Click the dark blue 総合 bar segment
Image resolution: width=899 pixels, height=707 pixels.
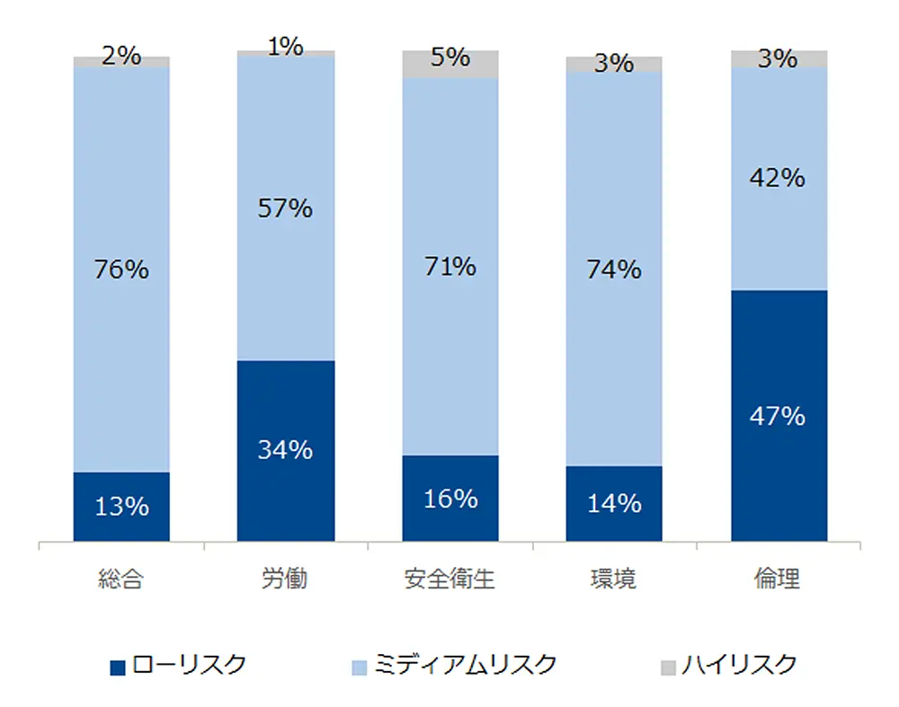pos(121,506)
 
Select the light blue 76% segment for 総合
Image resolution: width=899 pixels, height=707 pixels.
pos(121,270)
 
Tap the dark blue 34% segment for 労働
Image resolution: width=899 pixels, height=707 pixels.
pos(286,450)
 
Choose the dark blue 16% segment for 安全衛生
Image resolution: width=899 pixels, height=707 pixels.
pos(450,499)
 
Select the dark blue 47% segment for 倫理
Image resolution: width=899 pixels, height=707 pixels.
pos(779,416)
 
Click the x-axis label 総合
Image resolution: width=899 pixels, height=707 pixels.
pos(121,579)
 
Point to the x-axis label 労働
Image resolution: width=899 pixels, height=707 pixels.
pos(286,579)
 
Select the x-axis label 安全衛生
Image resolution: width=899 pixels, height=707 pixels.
pos(450,579)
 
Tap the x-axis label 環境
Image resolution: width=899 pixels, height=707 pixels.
pos(614,579)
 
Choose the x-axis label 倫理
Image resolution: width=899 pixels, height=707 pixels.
pos(779,579)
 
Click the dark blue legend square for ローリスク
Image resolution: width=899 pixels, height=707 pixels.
pos(117,667)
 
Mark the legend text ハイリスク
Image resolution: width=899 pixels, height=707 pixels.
pos(739,666)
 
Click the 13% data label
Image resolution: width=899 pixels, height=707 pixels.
pos(121,507)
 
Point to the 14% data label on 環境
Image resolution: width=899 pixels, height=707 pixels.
pos(614,503)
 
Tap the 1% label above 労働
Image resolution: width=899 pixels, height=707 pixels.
pos(286,47)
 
